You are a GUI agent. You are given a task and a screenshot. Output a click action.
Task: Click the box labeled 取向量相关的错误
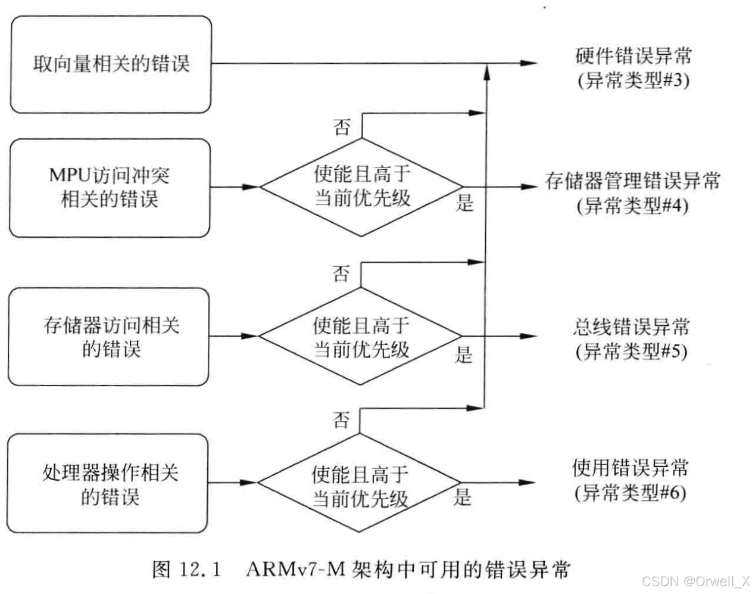pyautogui.click(x=111, y=64)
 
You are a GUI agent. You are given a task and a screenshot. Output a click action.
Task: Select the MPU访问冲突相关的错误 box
pyautogui.click(x=110, y=187)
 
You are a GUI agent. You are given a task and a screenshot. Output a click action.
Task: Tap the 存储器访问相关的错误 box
pyautogui.click(x=110, y=337)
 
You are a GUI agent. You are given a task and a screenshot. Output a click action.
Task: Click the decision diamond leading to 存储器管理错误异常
pyautogui.click(x=362, y=186)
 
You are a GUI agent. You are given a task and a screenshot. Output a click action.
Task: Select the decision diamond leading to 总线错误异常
pyautogui.click(x=361, y=337)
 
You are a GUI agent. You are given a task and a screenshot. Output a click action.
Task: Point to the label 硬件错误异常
pyautogui.click(x=634, y=55)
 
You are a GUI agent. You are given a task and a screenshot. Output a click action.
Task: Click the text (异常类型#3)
pyautogui.click(x=634, y=80)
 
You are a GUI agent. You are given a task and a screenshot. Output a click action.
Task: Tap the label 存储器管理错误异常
pyautogui.click(x=632, y=181)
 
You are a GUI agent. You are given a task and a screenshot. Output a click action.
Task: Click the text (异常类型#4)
pyautogui.click(x=632, y=206)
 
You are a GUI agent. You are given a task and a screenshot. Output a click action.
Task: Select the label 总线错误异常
pyautogui.click(x=631, y=327)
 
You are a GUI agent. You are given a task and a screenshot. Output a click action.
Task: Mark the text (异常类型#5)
pyautogui.click(x=631, y=352)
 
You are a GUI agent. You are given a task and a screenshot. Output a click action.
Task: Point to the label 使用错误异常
pyautogui.click(x=630, y=468)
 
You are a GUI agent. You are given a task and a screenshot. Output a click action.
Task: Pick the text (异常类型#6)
pyautogui.click(x=630, y=493)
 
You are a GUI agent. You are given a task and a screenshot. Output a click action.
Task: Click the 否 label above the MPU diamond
pyautogui.click(x=342, y=126)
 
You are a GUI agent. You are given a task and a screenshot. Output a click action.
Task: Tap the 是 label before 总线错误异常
pyautogui.click(x=464, y=355)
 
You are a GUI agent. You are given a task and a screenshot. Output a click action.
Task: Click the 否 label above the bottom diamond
pyautogui.click(x=341, y=421)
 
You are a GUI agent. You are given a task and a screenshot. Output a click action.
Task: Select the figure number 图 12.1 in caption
pyautogui.click(x=186, y=569)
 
